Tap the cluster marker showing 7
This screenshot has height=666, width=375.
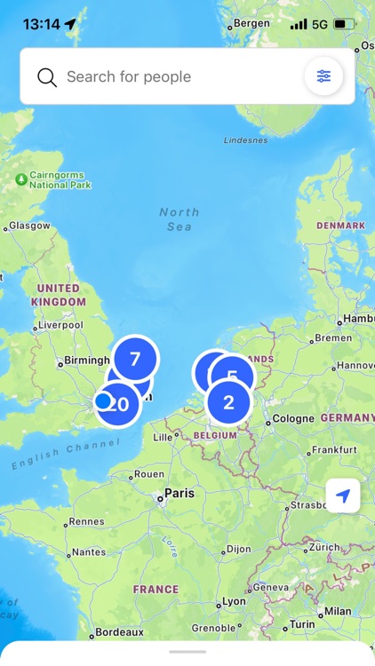point(135,359)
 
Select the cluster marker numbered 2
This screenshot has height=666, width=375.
point(228,402)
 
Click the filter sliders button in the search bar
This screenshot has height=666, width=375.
point(323,77)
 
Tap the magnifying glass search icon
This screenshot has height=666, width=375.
point(47,77)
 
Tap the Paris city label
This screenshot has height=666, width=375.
point(179,493)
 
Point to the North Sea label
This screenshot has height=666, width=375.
point(180,219)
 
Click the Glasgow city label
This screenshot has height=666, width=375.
point(29,226)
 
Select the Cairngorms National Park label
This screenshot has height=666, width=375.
point(60,180)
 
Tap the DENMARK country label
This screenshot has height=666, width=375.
point(340,226)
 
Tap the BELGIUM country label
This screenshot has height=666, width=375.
point(214,436)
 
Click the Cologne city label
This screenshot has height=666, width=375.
point(292,419)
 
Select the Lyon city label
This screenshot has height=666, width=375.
point(234,601)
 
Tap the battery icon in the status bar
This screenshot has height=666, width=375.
point(343,24)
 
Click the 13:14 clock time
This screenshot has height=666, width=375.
point(41,24)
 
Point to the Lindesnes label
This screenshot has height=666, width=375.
point(245,140)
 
